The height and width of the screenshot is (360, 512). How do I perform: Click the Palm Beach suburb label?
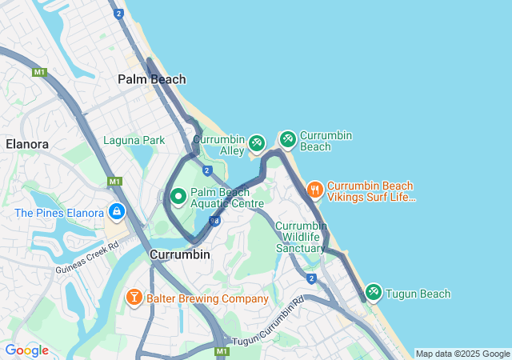click(151, 79)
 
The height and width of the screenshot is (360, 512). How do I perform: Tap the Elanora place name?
click(27, 144)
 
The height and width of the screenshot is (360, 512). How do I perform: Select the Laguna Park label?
click(134, 140)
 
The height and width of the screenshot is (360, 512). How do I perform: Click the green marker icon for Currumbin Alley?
click(256, 143)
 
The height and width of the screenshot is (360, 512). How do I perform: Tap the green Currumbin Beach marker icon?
click(287, 140)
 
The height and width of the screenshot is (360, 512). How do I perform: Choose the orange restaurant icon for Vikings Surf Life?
click(314, 190)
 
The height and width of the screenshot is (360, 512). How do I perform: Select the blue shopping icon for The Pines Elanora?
click(117, 212)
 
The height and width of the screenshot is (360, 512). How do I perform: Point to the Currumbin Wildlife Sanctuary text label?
click(301, 237)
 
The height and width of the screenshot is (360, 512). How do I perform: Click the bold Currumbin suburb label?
click(179, 254)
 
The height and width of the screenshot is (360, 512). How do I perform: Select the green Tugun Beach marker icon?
click(373, 293)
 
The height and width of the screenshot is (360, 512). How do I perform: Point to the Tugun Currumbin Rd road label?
click(268, 322)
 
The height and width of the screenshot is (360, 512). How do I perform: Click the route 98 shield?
click(214, 221)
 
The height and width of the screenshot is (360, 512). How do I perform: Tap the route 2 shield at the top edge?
click(118, 14)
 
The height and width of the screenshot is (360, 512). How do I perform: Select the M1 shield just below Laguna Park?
click(114, 182)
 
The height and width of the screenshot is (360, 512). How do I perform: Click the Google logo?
click(26, 350)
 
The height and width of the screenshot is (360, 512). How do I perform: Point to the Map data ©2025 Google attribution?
click(463, 354)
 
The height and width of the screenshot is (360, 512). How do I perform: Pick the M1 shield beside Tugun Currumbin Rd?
click(222, 351)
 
